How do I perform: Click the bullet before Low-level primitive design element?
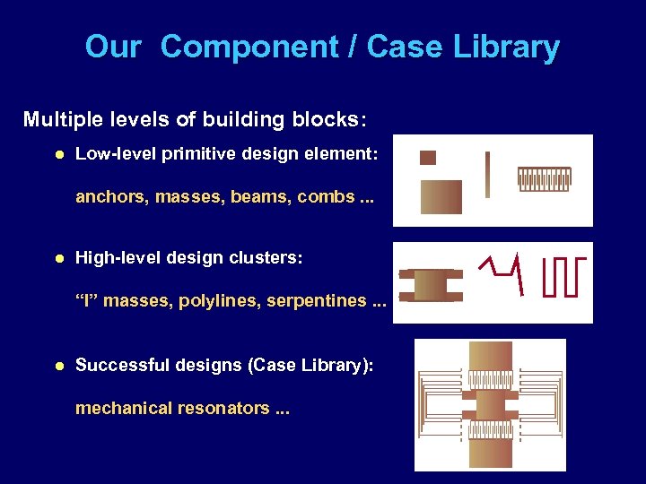(x=58, y=155)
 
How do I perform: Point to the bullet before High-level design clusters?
(x=58, y=259)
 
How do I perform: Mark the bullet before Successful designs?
(x=58, y=366)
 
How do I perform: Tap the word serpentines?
(x=318, y=301)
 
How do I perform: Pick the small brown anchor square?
(x=428, y=158)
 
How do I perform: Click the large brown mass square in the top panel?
(x=441, y=196)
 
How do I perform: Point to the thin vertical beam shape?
(x=487, y=174)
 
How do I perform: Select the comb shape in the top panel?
(x=544, y=178)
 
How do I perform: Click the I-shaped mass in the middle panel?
(x=431, y=284)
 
